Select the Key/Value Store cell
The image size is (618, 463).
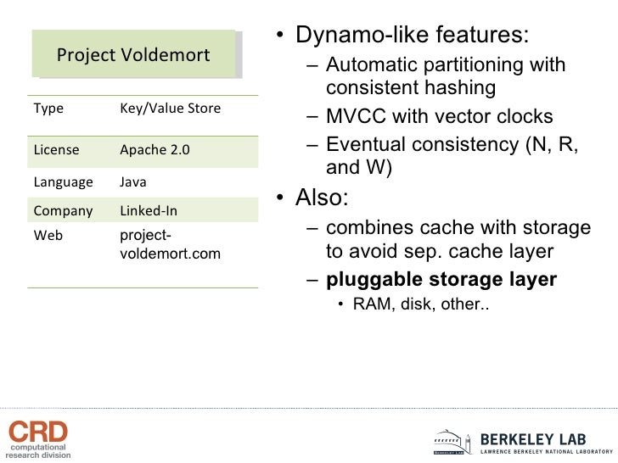[170, 109]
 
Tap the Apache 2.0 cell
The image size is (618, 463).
[154, 150]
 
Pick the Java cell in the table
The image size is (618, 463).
[132, 181]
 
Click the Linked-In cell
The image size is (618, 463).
[149, 210]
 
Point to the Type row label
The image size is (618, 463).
[48, 109]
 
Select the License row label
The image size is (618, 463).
[56, 150]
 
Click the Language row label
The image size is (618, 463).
[63, 181]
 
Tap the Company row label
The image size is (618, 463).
[62, 210]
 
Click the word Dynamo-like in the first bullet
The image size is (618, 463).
[357, 36]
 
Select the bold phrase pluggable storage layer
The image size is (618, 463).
[441, 280]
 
